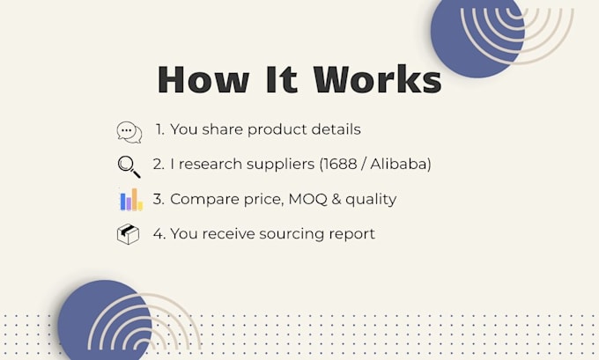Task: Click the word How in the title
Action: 203,79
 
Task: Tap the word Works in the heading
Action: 377,79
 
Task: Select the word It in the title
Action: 281,79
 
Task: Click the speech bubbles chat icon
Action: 129,132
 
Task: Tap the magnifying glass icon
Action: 129,167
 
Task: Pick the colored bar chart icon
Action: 131,199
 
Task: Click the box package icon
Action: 128,234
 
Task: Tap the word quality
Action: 371,200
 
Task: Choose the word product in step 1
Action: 277,130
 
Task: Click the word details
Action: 336,129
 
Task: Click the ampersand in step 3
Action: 336,199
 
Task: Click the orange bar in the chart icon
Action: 135,199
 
